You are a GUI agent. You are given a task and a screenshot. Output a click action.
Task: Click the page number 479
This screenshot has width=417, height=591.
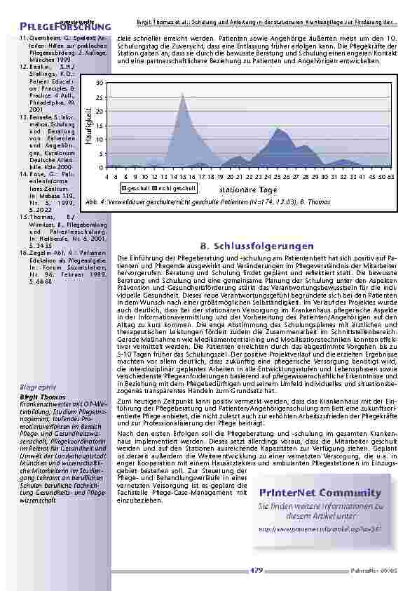(257, 569)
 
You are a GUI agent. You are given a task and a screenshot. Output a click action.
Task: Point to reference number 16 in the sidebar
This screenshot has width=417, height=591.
(23, 251)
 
